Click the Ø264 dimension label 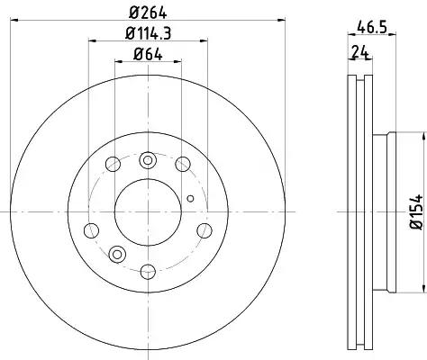(x=148, y=13)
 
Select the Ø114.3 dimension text (x=148, y=33)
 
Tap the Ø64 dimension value (x=148, y=54)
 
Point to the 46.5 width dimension (x=372, y=28)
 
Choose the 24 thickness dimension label (x=359, y=52)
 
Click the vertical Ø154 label (x=416, y=211)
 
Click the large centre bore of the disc (x=148, y=212)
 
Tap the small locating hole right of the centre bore (x=190, y=198)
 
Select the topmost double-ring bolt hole (x=148, y=160)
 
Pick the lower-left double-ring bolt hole (x=117, y=255)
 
